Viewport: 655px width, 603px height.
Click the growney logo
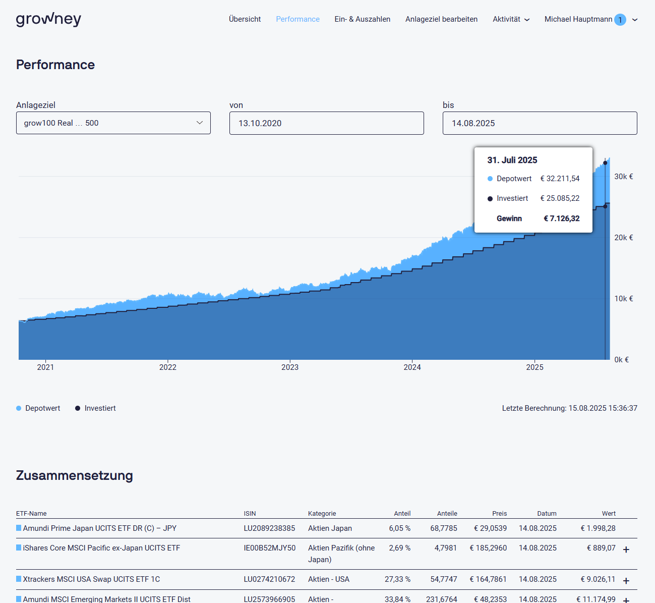pyautogui.click(x=48, y=19)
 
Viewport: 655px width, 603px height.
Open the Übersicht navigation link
pyautogui.click(x=245, y=19)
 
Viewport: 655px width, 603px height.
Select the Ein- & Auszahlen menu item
pyautogui.click(x=362, y=19)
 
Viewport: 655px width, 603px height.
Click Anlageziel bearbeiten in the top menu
pyautogui.click(x=441, y=19)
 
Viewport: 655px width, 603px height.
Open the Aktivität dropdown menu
pyautogui.click(x=511, y=19)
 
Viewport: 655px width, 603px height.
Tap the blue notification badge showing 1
pyautogui.click(x=620, y=20)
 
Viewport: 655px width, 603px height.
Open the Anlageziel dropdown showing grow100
pyautogui.click(x=113, y=123)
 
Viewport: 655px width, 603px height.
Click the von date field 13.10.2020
pyautogui.click(x=326, y=123)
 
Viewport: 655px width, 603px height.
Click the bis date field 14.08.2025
pyautogui.click(x=540, y=123)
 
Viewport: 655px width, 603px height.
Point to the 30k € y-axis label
pyautogui.click(x=623, y=177)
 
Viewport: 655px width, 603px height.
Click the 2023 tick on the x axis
pyautogui.click(x=290, y=367)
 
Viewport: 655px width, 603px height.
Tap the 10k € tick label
pyautogui.click(x=623, y=299)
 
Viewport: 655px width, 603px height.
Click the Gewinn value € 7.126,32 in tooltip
pyautogui.click(x=561, y=218)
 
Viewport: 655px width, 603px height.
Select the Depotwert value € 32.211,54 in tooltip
pyautogui.click(x=560, y=179)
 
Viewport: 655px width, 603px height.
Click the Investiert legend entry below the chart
pyautogui.click(x=95, y=408)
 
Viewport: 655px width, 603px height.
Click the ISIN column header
pyautogui.click(x=250, y=514)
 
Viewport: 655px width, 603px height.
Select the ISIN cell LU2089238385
pyautogui.click(x=269, y=528)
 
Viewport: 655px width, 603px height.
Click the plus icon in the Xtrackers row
pyautogui.click(x=626, y=581)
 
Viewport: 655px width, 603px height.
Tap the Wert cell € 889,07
pyautogui.click(x=601, y=548)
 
